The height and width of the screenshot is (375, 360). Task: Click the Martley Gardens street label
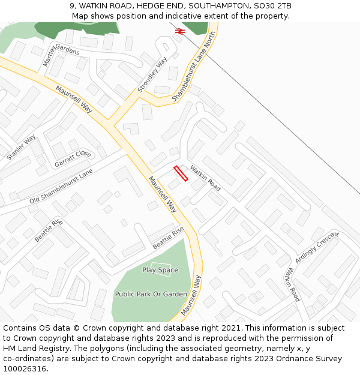click(61, 53)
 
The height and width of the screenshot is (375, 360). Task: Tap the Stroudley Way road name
click(152, 74)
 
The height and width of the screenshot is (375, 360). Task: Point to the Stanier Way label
click(21, 148)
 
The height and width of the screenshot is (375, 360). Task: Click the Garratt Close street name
click(73, 158)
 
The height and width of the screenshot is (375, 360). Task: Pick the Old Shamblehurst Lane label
click(61, 186)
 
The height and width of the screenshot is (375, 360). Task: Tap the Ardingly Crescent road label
click(317, 243)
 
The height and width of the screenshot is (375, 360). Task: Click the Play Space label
click(160, 270)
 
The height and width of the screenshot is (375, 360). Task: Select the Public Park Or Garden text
click(151, 294)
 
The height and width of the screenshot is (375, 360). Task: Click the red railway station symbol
click(179, 31)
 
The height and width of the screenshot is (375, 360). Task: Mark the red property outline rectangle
click(181, 173)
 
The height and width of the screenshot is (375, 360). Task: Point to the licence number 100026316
click(26, 369)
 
